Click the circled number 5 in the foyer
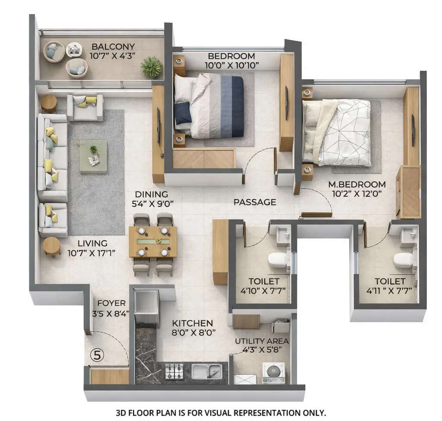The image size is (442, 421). tap(97, 355)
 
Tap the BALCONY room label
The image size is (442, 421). tap(113, 47)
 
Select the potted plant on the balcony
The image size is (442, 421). tap(151, 67)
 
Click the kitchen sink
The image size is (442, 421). tap(207, 371)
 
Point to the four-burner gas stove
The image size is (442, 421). tap(174, 371)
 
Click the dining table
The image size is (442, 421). tap(153, 242)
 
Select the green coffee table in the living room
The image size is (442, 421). tap(93, 156)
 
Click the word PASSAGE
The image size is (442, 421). tap(255, 202)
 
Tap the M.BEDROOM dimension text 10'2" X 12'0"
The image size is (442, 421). tap(357, 194)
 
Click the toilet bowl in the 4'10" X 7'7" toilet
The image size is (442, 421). tap(277, 260)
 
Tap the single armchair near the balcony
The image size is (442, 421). tap(85, 108)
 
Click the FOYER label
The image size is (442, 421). tap(111, 303)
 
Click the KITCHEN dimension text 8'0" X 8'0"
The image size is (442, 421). tap(193, 332)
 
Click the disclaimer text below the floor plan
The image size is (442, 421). tap(221, 413)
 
